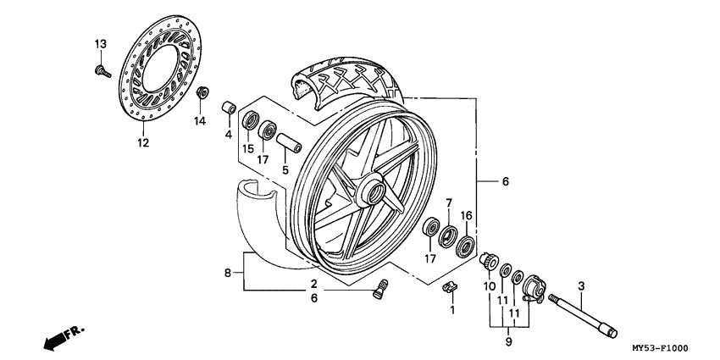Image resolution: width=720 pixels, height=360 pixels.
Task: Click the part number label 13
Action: (x=100, y=44)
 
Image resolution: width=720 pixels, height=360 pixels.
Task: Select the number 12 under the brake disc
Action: (x=142, y=143)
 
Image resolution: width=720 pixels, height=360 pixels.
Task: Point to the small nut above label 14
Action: (x=202, y=91)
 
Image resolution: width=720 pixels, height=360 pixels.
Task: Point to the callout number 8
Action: (x=227, y=273)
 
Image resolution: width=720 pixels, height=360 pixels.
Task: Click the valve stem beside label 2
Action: (x=379, y=289)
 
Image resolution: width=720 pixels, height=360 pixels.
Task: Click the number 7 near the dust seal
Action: (x=449, y=203)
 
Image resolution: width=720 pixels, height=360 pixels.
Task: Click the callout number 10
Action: (x=489, y=286)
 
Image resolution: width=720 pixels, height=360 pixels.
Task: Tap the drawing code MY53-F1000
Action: (x=659, y=348)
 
